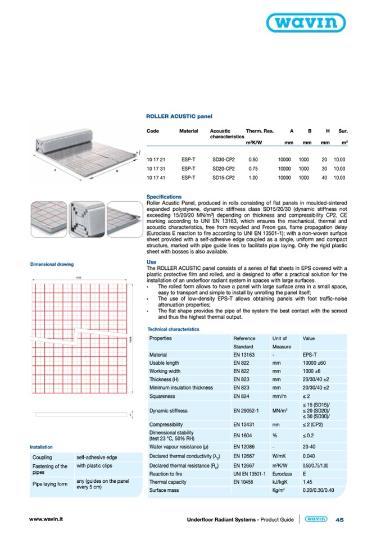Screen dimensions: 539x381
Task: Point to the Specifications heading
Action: tap(164, 197)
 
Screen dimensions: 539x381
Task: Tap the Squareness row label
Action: tap(164, 396)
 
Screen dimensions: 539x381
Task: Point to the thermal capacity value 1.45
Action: tap(307, 482)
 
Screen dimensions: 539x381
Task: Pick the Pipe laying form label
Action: tap(50, 484)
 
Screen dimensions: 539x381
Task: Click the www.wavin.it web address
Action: tap(46, 519)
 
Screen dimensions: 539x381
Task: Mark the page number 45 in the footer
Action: tap(339, 520)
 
